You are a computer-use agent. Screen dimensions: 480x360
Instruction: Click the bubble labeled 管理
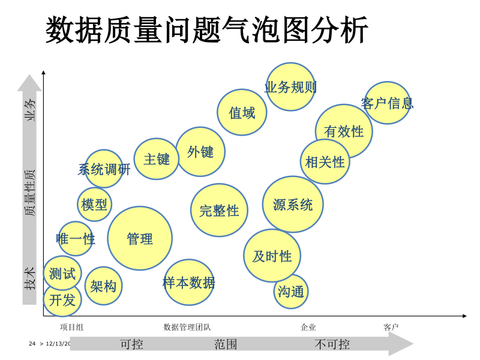pos(140,238)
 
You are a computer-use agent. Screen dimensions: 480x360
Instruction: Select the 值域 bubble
pos(242,112)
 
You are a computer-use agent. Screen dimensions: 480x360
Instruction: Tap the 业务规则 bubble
pos(290,88)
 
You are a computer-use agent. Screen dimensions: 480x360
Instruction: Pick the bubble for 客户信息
pos(388,103)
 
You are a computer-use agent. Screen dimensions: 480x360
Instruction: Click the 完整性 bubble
pos(219,210)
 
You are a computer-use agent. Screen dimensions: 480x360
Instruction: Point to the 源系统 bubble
pos(293,205)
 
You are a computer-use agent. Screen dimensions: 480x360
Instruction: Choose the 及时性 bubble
pos(272,256)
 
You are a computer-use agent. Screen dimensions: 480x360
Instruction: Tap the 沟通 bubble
pos(291,292)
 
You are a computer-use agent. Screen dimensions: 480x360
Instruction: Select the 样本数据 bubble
pos(189,283)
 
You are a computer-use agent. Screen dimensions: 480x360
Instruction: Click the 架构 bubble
pos(103,286)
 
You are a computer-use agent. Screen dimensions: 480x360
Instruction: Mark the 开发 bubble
pos(62,300)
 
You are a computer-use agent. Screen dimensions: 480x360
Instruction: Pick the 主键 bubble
pos(157,159)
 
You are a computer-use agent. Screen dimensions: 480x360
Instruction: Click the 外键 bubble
pos(200,152)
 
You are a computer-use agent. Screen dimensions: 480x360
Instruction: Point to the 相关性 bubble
pos(325,161)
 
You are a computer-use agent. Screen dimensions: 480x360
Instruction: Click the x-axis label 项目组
pos(71,327)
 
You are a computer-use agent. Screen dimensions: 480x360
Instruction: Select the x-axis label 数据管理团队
pos(187,327)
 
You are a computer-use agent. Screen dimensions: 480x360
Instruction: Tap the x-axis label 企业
pos(308,327)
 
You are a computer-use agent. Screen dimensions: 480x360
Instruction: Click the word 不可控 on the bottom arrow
pos(332,344)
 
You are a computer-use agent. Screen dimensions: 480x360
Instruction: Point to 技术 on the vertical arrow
pos(30,278)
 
